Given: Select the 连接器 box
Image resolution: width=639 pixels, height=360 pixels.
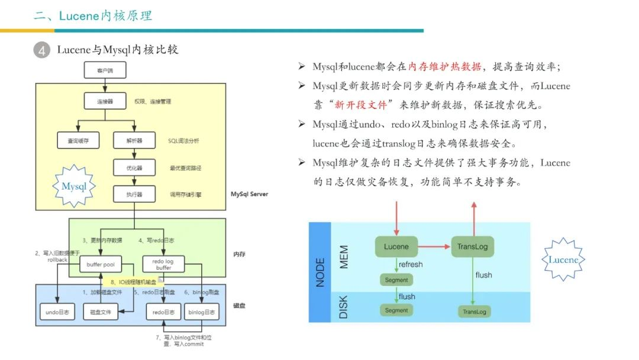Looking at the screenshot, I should click(x=105, y=101).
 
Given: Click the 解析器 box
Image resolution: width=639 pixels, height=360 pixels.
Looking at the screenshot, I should click(x=135, y=140).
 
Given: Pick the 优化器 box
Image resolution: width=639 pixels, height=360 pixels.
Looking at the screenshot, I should click(x=135, y=168).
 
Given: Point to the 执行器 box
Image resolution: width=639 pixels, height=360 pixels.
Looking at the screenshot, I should click(x=135, y=194).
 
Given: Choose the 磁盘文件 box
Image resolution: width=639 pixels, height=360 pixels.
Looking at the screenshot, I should click(x=100, y=311).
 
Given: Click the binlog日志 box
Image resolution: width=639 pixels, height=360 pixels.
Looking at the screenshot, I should click(x=201, y=311).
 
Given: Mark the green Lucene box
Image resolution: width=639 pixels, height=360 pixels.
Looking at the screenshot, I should click(x=396, y=246).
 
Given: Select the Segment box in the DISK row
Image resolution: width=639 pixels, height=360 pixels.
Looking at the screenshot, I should click(x=396, y=310).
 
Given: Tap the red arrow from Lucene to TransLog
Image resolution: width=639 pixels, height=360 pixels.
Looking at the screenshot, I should click(x=434, y=246).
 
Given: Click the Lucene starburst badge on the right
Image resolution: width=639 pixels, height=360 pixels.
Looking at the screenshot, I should click(x=563, y=259).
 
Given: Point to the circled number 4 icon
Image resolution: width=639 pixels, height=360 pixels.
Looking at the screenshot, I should click(x=41, y=50).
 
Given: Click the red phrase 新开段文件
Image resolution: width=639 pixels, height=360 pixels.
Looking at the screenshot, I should click(x=361, y=105).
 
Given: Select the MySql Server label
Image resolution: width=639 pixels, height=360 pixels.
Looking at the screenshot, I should click(x=249, y=194).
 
